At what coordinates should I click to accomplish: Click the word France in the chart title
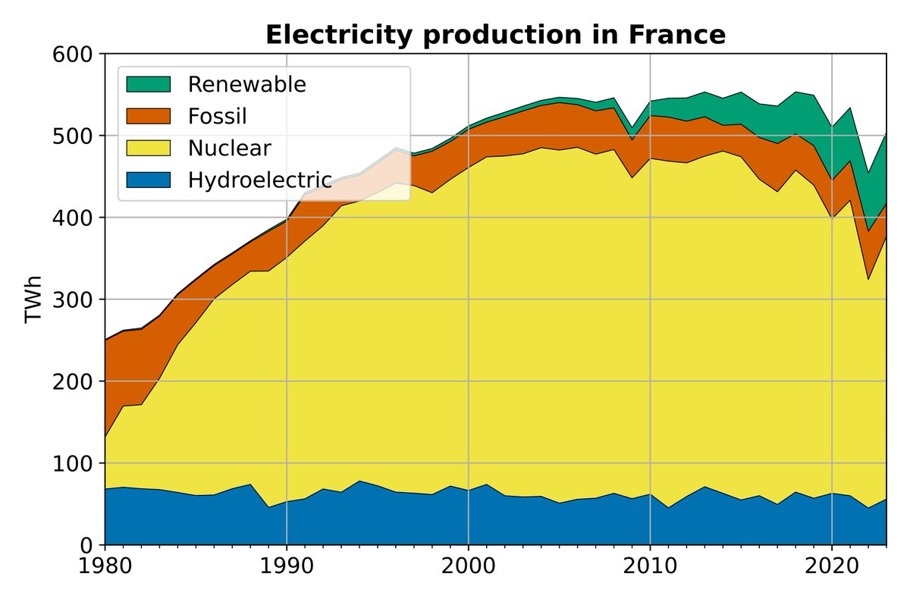click(x=677, y=35)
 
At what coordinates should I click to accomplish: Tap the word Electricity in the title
click(x=339, y=36)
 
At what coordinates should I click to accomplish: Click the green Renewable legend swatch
click(x=149, y=84)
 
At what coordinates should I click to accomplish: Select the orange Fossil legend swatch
click(x=149, y=116)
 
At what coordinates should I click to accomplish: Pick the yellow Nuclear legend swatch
click(x=149, y=148)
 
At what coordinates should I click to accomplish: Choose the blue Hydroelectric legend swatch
click(x=149, y=180)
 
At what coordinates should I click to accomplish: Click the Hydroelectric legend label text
click(x=260, y=180)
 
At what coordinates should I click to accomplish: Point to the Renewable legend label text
click(x=247, y=84)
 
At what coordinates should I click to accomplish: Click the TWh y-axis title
click(x=33, y=299)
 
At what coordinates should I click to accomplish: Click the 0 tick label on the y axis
click(x=86, y=546)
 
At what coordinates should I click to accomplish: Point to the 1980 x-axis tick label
click(x=105, y=566)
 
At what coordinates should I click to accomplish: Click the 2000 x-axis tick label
click(x=469, y=566)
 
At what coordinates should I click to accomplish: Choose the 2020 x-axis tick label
click(x=832, y=566)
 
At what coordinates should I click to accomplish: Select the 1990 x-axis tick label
click(x=287, y=566)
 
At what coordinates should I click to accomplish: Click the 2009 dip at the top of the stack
click(x=632, y=127)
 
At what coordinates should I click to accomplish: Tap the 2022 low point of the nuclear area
click(x=868, y=280)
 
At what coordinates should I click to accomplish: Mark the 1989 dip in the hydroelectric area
click(x=268, y=507)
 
